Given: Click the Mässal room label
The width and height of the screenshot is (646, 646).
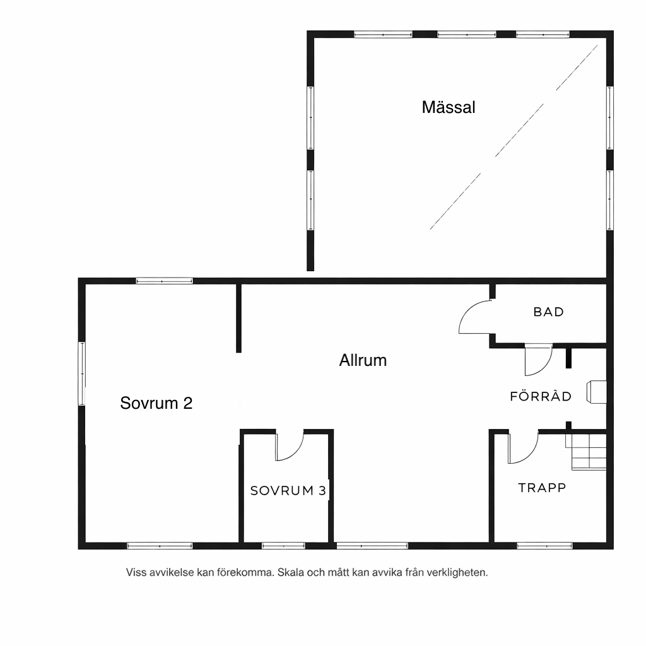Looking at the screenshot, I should coord(449,107).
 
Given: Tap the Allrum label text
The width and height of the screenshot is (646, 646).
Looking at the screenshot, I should coord(363,360).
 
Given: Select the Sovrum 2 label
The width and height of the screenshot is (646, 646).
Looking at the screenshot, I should coord(156,403).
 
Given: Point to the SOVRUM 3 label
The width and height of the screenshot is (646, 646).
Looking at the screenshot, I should coord(288,491).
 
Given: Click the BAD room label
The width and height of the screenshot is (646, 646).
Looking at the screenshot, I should coord(548,312).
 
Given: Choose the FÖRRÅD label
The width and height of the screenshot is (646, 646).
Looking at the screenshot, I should coord(541,397).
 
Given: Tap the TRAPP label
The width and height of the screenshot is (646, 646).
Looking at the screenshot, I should coord(542,488).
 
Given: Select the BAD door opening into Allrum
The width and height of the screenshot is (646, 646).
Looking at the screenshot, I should coord(474,317).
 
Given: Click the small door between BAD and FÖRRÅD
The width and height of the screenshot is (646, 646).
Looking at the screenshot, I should coord(537,360).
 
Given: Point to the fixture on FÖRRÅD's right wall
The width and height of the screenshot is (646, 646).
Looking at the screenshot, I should coord(597,392).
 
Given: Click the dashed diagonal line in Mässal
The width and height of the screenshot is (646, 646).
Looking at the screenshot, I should coord(514,136).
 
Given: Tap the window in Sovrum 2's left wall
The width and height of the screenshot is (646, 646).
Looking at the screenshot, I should coord(82,373).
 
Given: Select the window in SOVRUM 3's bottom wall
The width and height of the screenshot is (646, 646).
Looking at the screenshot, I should coord(283,545).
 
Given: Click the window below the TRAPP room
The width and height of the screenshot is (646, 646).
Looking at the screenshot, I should coord(544,545).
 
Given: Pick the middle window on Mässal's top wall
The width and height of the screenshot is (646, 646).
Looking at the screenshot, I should coord(467,35).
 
